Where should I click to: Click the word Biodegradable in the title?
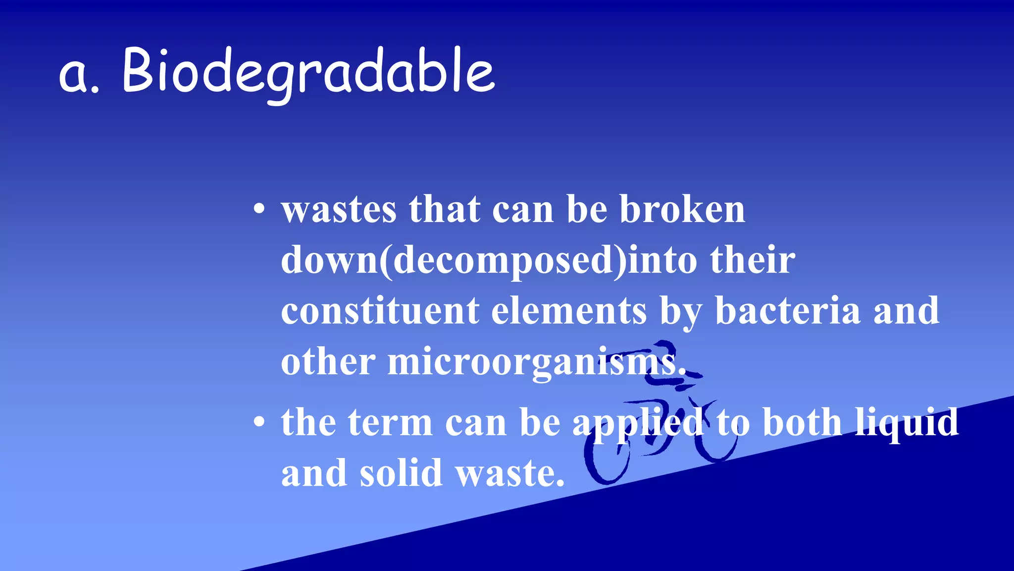pos(308,72)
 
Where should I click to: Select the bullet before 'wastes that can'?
pos(259,209)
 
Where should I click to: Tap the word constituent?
pos(380,311)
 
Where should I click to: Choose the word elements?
pos(569,311)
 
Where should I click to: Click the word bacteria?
pos(788,311)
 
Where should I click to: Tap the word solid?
pos(401,473)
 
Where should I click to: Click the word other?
pos(328,362)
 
